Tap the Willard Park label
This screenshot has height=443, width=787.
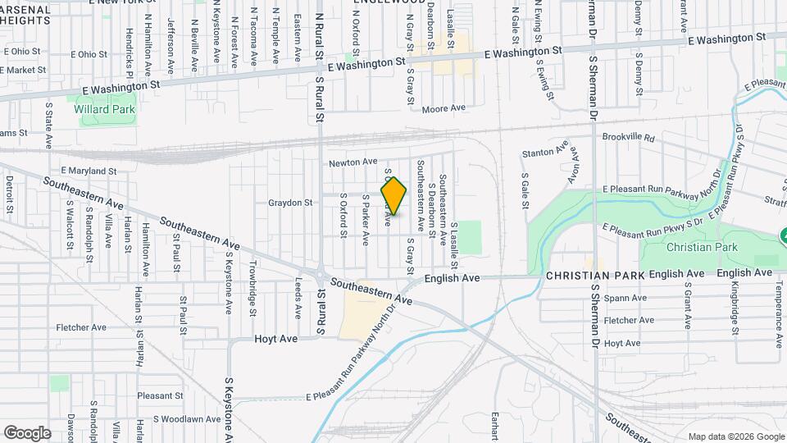click(104, 109)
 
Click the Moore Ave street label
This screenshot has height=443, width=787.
click(444, 108)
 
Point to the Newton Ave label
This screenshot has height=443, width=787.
click(353, 162)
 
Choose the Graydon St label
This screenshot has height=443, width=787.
click(290, 203)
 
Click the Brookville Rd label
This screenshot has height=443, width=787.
click(629, 138)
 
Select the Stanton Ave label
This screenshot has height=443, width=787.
click(546, 152)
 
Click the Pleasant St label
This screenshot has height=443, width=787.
click(158, 395)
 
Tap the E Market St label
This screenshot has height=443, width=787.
click(23, 71)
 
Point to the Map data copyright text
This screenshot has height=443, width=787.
click(736, 436)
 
